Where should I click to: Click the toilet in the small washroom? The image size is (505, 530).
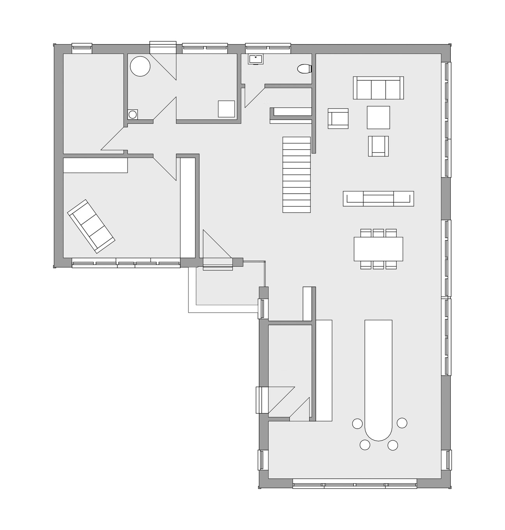pos(304,69)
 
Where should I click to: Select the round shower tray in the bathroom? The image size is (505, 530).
pos(140,66)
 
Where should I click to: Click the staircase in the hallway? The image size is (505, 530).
pos(296,174)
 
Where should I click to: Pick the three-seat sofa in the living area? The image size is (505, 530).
pos(378,88)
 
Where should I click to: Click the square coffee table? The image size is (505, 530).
pos(378,117)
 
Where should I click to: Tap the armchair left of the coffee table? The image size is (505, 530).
pos(338,118)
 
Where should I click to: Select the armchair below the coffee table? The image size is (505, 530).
pos(378,146)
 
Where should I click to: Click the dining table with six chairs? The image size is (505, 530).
pos(378,249)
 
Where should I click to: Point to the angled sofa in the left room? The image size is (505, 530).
pos(91,226)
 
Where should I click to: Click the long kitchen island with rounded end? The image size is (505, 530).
pos(378,378)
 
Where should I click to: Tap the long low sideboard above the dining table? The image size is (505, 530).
pos(378,198)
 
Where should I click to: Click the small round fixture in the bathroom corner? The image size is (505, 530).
pos(133,114)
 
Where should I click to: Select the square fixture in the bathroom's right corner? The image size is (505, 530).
pos(226,109)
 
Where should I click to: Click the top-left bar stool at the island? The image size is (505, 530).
pos(357,423)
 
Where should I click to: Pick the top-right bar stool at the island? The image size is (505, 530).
pos(402,422)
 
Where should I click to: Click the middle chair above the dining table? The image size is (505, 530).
pos(378,233)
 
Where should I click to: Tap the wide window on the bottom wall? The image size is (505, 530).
pos(355,485)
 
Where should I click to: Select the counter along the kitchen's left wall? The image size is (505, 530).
pos(324,370)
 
